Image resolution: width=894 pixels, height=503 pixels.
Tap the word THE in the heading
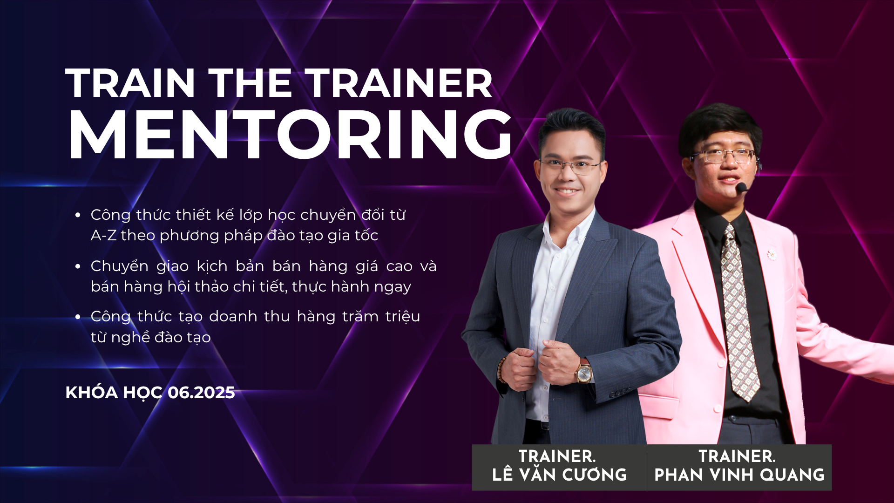point(250,83)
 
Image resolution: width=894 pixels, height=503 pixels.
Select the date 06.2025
point(201,393)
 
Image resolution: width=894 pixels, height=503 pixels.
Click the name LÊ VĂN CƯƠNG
point(559,475)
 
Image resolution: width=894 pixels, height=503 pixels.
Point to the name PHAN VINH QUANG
point(739,475)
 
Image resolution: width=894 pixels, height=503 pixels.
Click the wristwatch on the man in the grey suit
point(583,372)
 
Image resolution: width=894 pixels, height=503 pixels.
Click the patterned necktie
point(738,312)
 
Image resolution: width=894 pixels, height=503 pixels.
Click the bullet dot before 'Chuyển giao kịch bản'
point(78,266)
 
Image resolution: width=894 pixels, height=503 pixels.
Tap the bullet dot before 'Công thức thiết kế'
point(78,215)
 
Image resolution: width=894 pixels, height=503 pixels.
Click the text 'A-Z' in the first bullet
point(103,236)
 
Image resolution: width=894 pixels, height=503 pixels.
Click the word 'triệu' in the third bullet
point(403,317)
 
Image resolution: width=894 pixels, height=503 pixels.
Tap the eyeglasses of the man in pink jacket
point(723,156)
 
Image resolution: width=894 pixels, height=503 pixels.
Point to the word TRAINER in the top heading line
point(399,83)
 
